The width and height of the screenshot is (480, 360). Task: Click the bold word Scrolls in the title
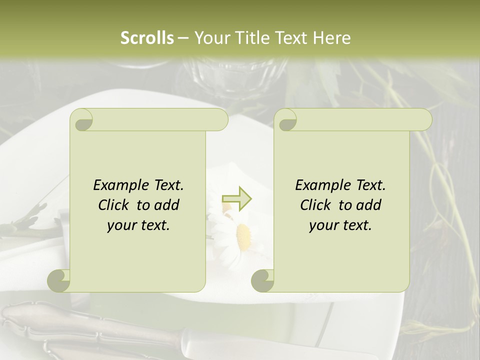click(147, 38)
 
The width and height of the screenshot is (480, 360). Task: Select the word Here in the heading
click(332, 38)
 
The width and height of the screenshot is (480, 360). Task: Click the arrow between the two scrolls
click(236, 198)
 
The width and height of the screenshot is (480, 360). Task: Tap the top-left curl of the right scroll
click(286, 120)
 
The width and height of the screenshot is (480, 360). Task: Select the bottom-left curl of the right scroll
click(262, 280)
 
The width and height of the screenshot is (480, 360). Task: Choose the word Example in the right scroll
click(323, 185)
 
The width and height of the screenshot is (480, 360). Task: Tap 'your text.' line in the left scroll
click(138, 225)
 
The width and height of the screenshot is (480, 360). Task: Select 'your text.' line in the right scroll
click(340, 225)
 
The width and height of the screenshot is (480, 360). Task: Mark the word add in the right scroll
click(369, 205)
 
